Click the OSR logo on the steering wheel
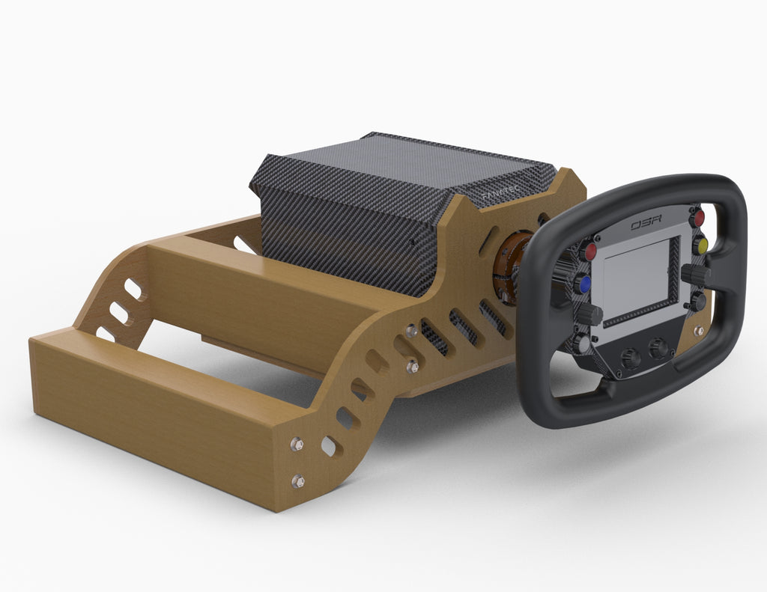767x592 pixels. [646, 224]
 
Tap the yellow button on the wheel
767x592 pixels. [700, 245]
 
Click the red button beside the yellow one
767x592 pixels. [697, 219]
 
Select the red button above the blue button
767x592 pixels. [589, 251]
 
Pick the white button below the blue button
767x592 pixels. [583, 344]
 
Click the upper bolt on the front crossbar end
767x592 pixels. [297, 444]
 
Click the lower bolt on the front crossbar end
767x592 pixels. [298, 481]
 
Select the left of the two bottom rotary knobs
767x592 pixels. [631, 358]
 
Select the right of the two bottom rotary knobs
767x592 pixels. [659, 349]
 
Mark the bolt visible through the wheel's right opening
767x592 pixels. [699, 330]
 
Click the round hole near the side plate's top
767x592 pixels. [543, 219]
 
